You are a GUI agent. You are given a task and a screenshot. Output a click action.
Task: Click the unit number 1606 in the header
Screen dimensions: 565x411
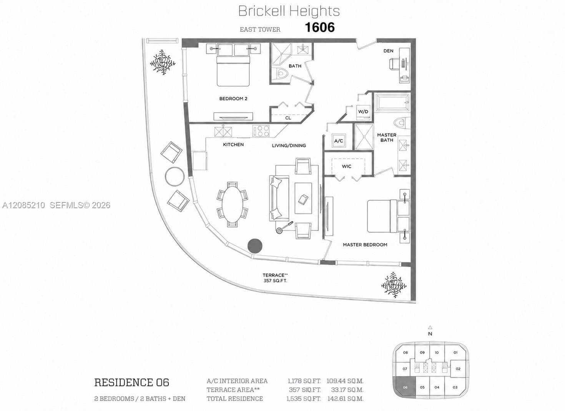click(x=320, y=27)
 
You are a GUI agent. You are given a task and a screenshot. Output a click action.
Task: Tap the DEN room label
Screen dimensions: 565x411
click(x=388, y=51)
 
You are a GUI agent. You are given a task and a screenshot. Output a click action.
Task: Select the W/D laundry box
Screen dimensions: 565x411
click(x=363, y=112)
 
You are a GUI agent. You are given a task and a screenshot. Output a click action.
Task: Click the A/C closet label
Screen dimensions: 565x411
click(x=339, y=141)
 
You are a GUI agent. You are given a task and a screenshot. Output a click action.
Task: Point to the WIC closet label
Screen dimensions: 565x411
click(x=347, y=166)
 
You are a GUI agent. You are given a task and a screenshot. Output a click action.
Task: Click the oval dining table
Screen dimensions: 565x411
click(x=232, y=204)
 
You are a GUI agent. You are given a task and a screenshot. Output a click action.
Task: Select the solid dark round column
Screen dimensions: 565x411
click(x=255, y=246)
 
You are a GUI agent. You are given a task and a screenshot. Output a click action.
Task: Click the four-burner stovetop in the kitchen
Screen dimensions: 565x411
click(x=261, y=131)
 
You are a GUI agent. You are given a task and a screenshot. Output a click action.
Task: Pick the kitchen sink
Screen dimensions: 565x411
click(x=223, y=132)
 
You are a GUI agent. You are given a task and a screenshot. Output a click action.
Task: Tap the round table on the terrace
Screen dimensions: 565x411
click(x=174, y=177)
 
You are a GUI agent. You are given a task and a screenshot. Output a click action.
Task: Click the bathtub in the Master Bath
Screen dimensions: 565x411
click(x=392, y=103)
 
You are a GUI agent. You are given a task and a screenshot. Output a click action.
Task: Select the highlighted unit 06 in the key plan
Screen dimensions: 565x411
click(x=405, y=387)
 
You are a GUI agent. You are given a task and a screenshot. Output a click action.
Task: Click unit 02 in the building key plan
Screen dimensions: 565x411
click(x=458, y=369)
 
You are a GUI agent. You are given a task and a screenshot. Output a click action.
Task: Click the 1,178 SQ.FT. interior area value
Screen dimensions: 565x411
click(x=304, y=381)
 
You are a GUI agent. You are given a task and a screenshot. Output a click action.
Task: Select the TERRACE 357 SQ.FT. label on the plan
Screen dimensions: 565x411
click(x=275, y=278)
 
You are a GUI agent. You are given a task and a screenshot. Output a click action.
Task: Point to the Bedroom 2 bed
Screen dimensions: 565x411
click(x=233, y=71)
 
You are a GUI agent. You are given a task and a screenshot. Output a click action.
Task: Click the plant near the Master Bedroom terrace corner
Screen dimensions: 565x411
click(x=394, y=285)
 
